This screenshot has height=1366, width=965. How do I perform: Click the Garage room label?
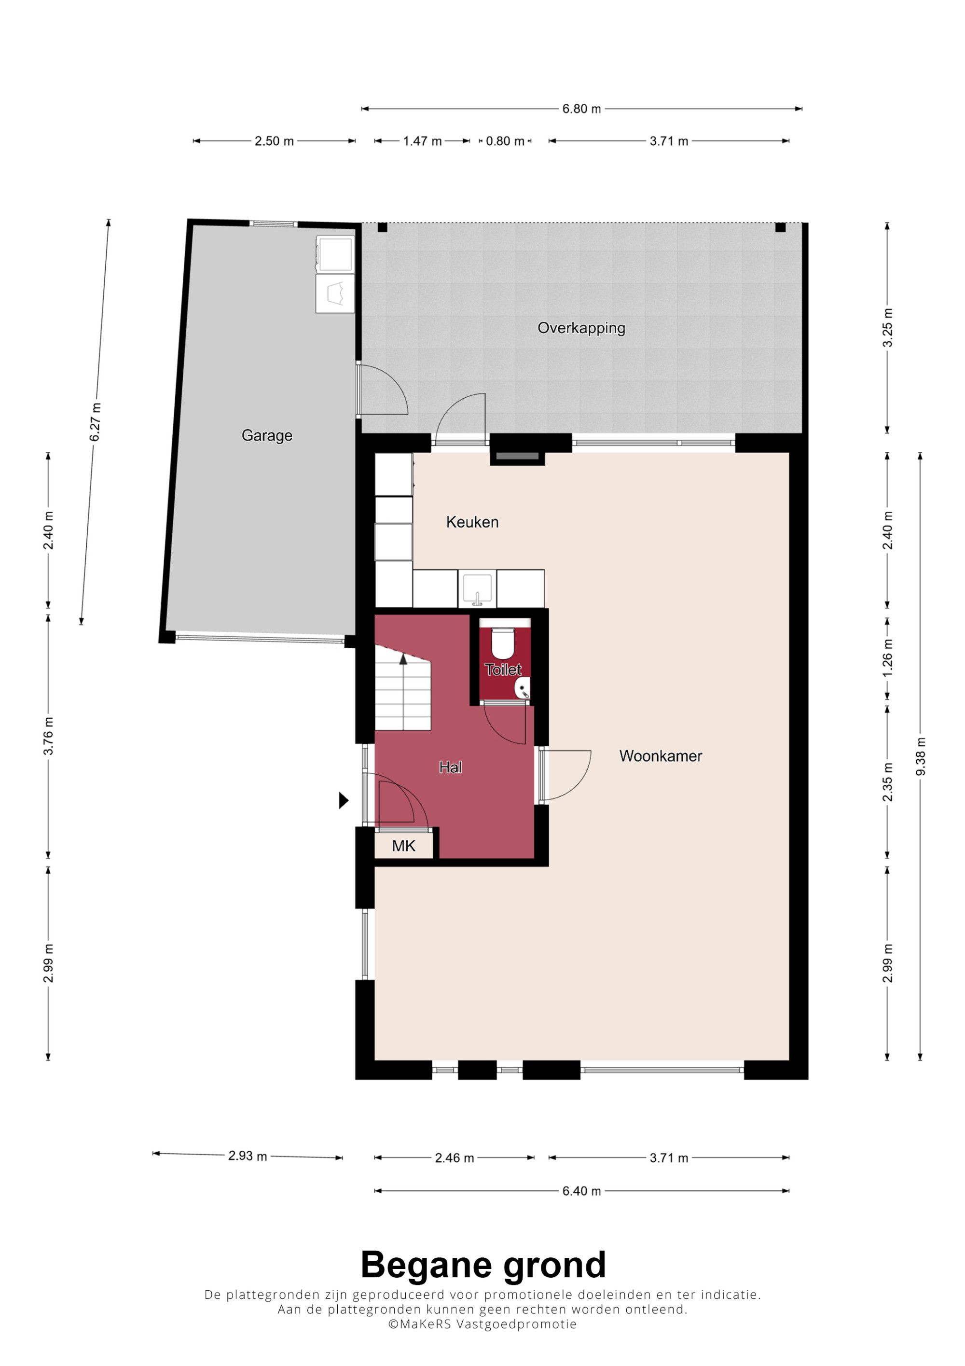(x=267, y=435)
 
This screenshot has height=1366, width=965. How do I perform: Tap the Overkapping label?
(x=581, y=328)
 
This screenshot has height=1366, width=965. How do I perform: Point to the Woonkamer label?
(x=661, y=755)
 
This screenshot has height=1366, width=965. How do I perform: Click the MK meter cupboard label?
(x=404, y=845)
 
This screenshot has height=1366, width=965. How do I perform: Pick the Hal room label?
(x=450, y=767)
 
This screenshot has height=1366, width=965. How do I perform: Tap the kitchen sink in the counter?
(x=477, y=589)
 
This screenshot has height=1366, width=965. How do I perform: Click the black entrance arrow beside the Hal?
(x=344, y=800)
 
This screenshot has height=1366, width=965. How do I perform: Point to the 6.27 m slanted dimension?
(x=95, y=422)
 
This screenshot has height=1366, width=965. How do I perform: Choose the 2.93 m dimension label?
(x=248, y=1156)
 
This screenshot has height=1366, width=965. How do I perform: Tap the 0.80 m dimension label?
(x=505, y=141)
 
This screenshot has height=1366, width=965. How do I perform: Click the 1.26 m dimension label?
(x=887, y=657)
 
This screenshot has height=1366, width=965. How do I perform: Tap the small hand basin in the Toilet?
(x=523, y=688)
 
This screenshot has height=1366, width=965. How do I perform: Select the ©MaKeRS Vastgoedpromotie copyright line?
(x=482, y=1324)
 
